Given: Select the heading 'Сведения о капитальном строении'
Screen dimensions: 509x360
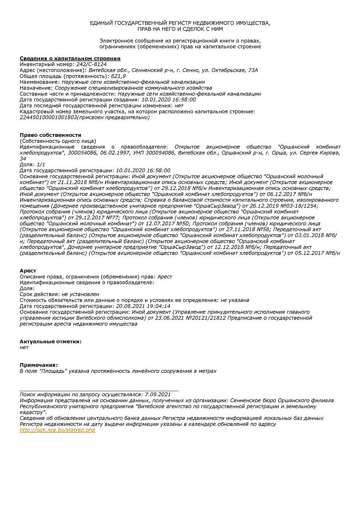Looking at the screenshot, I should [x=70, y=58].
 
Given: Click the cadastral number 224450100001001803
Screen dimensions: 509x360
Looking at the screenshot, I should [x=48, y=117].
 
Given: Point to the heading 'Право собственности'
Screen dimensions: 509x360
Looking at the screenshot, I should [x=51, y=135].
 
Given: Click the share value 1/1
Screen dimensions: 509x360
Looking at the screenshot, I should [x=40, y=164].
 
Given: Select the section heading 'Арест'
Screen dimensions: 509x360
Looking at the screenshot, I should [x=28, y=271].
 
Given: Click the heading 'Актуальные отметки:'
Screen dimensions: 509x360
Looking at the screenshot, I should [x=51, y=341].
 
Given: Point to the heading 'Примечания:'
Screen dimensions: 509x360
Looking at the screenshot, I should [x=39, y=365].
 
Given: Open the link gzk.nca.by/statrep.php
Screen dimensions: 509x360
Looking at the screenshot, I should [x=57, y=430].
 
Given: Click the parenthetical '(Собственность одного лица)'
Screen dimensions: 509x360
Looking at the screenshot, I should [x=58, y=140].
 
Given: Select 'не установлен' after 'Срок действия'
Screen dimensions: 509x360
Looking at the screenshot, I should [x=80, y=294].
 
